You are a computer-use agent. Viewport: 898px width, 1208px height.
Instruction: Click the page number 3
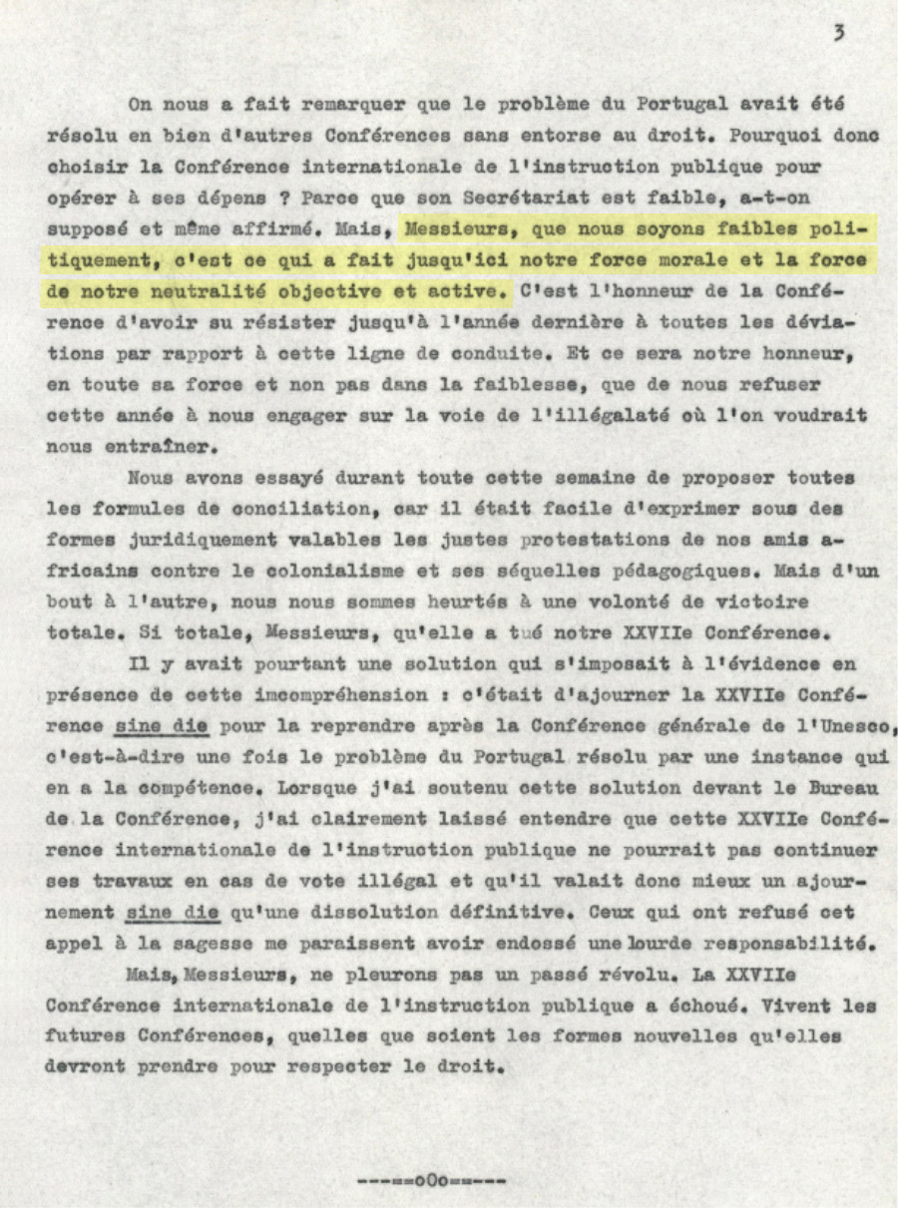[x=839, y=33]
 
